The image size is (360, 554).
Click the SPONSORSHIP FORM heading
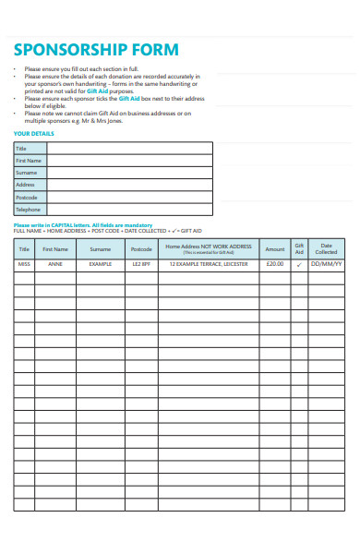click(x=96, y=50)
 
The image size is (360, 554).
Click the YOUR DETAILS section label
click(x=34, y=133)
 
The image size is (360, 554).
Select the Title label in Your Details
click(x=21, y=148)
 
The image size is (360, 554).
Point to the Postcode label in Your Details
click(x=27, y=198)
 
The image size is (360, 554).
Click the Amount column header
click(x=275, y=248)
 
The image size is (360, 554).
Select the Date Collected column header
click(x=326, y=248)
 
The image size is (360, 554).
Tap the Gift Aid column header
click(x=299, y=248)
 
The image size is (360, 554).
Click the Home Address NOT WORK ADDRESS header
click(x=209, y=248)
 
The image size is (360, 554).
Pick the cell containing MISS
click(x=24, y=264)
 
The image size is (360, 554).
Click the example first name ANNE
click(x=55, y=264)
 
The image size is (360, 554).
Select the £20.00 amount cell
click(x=275, y=264)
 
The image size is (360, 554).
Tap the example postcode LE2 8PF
click(x=140, y=264)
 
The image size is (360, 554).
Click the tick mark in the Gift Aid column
click(x=299, y=264)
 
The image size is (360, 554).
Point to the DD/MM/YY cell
click(x=326, y=264)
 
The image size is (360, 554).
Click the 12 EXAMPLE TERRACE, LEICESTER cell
click(x=209, y=264)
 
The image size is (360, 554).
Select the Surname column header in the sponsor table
click(x=99, y=248)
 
